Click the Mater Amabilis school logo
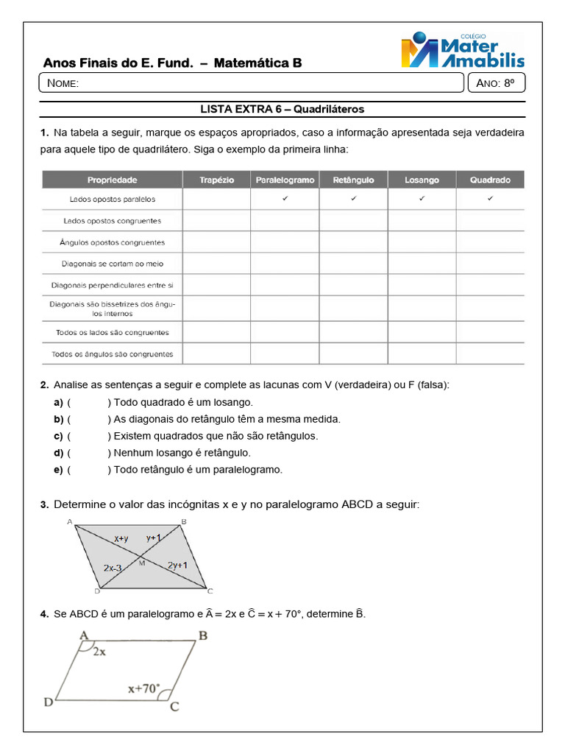(462, 51)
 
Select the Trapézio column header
(216, 180)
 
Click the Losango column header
(422, 180)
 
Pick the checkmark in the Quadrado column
(490, 199)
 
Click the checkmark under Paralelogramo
(285, 199)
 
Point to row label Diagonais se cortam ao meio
(113, 264)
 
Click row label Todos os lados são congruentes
(113, 332)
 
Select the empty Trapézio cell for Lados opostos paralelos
(216, 199)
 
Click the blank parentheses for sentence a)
(88, 403)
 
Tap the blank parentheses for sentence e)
(88, 470)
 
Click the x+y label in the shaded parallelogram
(121, 539)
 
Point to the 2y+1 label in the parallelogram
(177, 565)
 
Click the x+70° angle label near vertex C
(143, 689)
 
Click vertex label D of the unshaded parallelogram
(49, 702)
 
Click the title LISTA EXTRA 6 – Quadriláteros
(282, 109)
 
